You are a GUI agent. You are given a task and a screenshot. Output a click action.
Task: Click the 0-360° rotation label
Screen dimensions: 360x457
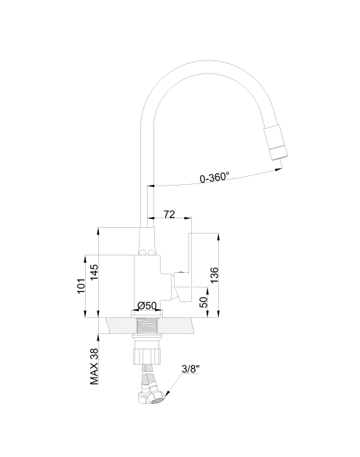tap(215, 178)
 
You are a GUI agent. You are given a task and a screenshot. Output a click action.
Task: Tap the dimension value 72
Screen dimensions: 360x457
tap(169, 214)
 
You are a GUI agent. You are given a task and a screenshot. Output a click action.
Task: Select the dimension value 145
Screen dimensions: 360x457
tap(94, 272)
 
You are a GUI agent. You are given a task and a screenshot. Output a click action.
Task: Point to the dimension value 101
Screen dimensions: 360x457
tap(81, 285)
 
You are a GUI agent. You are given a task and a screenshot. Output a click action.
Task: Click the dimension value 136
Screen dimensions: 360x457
tap(214, 275)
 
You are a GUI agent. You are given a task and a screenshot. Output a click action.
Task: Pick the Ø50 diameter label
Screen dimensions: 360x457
tap(147, 306)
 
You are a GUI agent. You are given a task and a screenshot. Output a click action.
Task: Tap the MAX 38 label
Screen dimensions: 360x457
tap(94, 366)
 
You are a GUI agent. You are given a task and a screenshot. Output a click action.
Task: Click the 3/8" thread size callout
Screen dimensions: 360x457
tap(191, 369)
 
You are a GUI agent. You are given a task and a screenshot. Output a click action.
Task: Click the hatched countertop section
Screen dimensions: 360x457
tap(151, 325)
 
